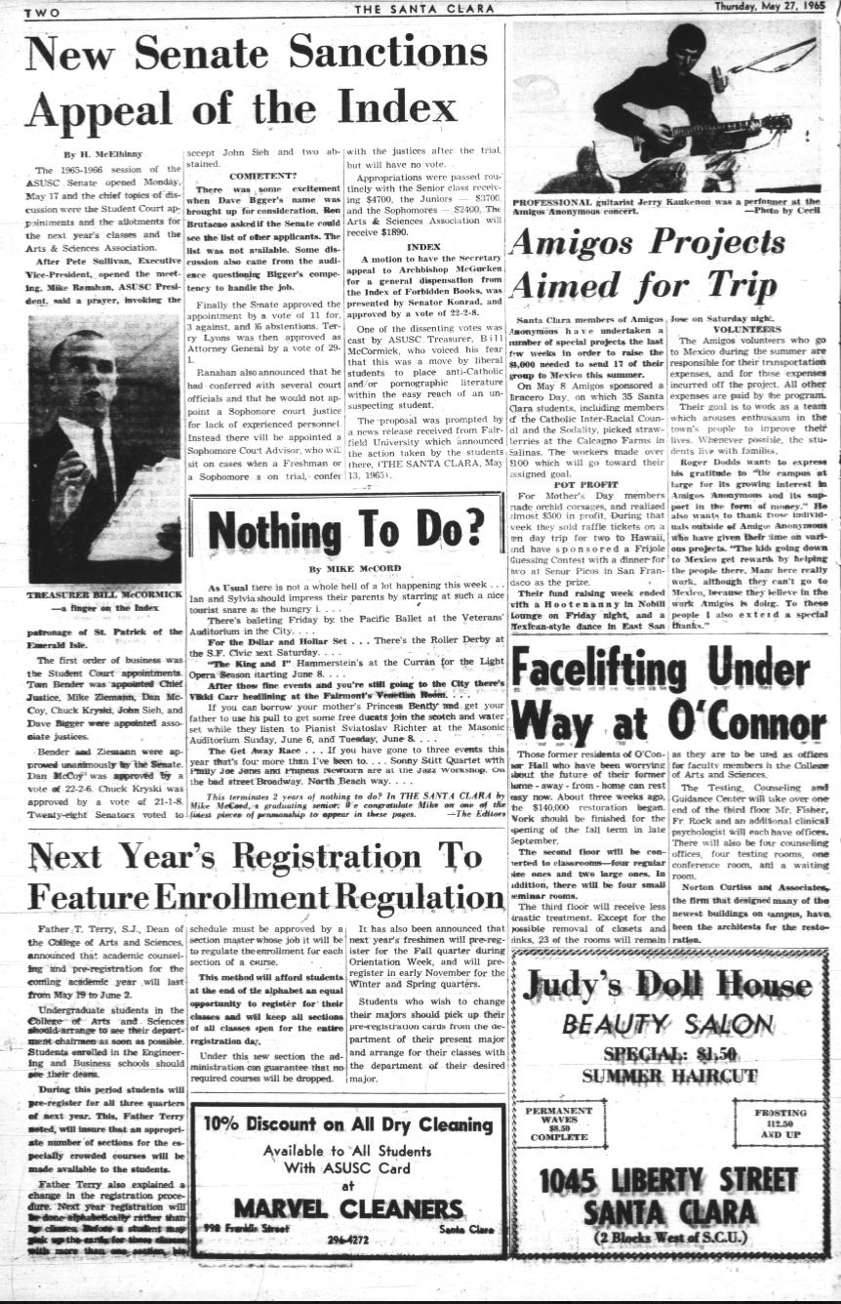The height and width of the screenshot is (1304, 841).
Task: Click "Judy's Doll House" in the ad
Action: tap(667, 985)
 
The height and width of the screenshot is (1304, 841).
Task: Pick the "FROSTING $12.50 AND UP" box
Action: tap(781, 1123)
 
